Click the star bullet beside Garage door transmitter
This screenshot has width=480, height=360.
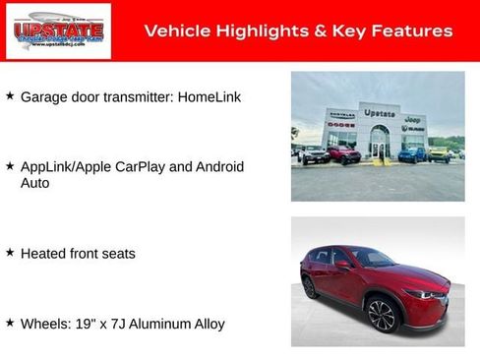pos(10,96)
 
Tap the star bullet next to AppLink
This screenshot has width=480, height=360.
pos(10,166)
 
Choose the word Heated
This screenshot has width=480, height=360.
pos(42,254)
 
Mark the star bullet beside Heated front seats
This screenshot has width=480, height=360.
pos(10,253)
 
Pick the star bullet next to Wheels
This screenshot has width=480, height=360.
pos(10,323)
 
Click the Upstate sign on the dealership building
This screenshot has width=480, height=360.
pos(379,113)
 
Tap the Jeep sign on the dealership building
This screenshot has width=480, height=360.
pos(412,119)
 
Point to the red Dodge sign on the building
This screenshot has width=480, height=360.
pos(340,125)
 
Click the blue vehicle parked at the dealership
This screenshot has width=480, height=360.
pos(411,154)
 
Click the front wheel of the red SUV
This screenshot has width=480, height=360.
pos(380,315)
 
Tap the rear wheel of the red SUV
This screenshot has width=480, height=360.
pos(311,287)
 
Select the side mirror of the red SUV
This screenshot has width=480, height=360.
pos(342,266)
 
